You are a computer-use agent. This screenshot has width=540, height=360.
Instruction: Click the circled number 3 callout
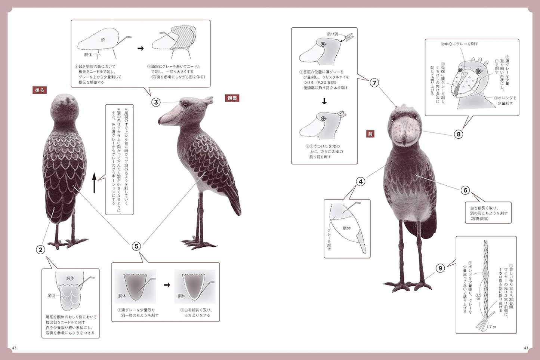(x=156, y=102)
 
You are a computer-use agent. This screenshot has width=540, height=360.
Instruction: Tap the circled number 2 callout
(x=40, y=250)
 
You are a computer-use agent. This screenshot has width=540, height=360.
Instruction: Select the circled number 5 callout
(x=136, y=246)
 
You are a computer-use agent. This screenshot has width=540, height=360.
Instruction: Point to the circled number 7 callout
(x=374, y=83)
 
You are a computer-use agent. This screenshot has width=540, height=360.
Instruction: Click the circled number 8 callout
(x=458, y=134)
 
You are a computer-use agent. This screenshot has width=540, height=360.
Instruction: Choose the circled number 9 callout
(x=441, y=268)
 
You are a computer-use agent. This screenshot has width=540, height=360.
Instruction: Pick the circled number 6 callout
(x=465, y=190)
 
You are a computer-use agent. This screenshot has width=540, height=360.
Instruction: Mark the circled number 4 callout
(x=361, y=182)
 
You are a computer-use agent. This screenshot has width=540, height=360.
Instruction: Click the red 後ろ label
(x=40, y=90)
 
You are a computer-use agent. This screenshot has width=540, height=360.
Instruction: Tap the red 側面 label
(x=232, y=98)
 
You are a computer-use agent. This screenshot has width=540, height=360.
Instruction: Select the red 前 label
(x=370, y=134)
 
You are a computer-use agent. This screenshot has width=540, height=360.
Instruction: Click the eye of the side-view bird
(x=185, y=106)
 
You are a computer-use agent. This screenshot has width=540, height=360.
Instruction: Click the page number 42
(x=14, y=348)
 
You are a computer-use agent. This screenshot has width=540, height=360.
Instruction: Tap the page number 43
(x=526, y=348)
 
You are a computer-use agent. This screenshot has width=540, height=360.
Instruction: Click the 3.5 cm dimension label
(x=478, y=297)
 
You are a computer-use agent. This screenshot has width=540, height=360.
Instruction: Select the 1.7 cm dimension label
(x=491, y=327)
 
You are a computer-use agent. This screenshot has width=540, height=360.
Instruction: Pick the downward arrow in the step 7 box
(x=324, y=101)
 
